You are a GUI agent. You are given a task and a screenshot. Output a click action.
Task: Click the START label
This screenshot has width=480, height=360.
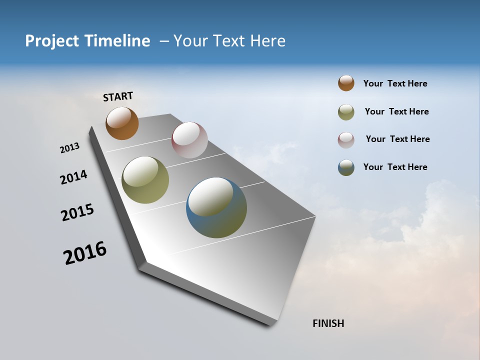(118, 96)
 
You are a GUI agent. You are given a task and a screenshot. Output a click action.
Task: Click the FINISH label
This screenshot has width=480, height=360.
(328, 323)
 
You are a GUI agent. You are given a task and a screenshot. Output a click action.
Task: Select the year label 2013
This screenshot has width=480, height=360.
(69, 148)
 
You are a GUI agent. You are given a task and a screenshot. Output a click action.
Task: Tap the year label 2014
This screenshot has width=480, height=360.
(73, 177)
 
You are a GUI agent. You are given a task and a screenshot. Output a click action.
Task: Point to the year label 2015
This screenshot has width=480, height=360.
(77, 212)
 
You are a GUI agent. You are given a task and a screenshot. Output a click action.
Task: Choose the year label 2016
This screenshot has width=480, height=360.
(85, 253)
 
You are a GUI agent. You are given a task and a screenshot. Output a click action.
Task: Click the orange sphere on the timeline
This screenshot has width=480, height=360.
(122, 123)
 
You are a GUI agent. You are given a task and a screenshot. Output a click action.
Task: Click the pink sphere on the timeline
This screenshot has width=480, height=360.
(189, 140)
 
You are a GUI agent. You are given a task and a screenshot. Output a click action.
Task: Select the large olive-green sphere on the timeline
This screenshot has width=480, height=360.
(145, 180)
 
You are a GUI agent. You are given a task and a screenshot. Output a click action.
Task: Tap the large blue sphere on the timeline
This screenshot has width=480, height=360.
(216, 207)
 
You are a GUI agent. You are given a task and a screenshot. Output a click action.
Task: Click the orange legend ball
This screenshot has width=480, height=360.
(346, 83)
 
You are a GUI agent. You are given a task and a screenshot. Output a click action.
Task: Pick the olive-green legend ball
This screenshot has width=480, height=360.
(346, 112)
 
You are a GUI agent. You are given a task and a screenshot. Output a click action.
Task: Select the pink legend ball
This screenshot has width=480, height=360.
(346, 140)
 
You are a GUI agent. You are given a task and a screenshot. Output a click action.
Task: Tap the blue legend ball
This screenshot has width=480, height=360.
(346, 167)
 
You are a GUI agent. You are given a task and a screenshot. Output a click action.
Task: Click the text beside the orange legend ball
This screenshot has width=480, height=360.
(395, 83)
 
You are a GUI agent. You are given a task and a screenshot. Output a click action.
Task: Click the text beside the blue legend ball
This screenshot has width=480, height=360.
(395, 167)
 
